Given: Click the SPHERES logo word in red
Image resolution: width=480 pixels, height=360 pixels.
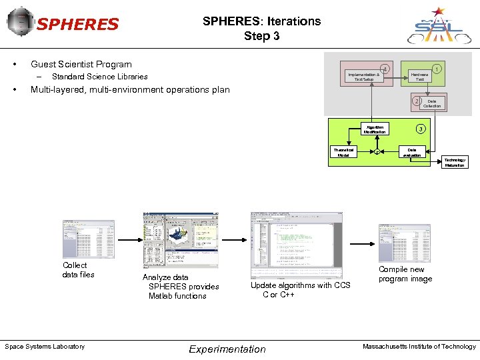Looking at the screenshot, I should [77, 25].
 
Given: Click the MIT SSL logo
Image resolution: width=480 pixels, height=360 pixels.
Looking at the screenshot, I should [438, 25].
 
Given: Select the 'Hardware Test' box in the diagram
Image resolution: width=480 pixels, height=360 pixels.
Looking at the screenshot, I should [419, 77].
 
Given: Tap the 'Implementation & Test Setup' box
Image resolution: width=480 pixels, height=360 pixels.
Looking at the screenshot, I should [363, 77].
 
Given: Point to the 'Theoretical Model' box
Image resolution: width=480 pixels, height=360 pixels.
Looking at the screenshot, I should [344, 153].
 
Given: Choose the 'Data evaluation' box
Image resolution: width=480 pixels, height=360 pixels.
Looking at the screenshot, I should [413, 153].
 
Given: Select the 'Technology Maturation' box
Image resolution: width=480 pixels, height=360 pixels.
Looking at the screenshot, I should [455, 163].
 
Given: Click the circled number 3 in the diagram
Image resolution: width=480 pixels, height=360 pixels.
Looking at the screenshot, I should [420, 129].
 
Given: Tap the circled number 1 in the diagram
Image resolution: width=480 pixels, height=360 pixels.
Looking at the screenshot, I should [436, 67].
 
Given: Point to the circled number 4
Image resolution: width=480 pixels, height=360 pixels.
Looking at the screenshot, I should [383, 69].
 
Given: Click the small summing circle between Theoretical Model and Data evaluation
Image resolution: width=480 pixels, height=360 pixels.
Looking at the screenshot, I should [377, 153].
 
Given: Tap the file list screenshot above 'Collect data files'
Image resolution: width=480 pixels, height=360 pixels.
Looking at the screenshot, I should [88, 239].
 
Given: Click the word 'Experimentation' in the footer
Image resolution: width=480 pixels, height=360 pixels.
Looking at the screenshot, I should [227, 349].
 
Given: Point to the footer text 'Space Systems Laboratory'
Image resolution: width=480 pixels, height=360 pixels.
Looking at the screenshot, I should [45, 346].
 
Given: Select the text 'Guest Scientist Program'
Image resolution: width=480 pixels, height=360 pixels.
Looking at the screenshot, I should [81, 64].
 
